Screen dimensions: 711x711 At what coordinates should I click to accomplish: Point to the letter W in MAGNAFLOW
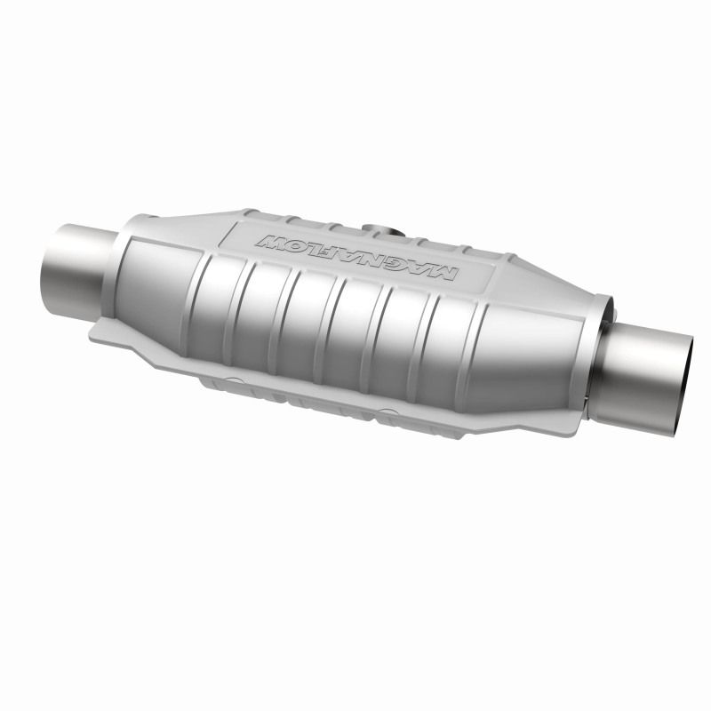click(266, 238)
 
